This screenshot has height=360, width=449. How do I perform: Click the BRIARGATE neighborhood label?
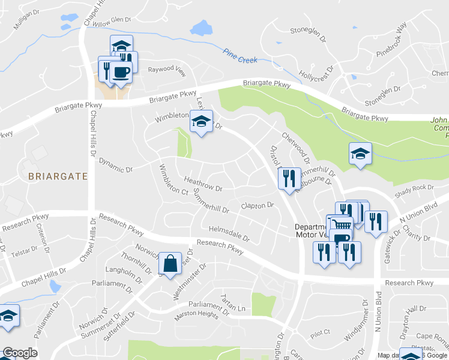58,176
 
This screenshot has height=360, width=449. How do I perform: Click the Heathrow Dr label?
203,184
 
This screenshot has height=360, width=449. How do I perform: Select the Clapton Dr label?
257,206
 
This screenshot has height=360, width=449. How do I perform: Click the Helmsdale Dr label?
229,233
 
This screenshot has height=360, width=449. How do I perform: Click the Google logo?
19,353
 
